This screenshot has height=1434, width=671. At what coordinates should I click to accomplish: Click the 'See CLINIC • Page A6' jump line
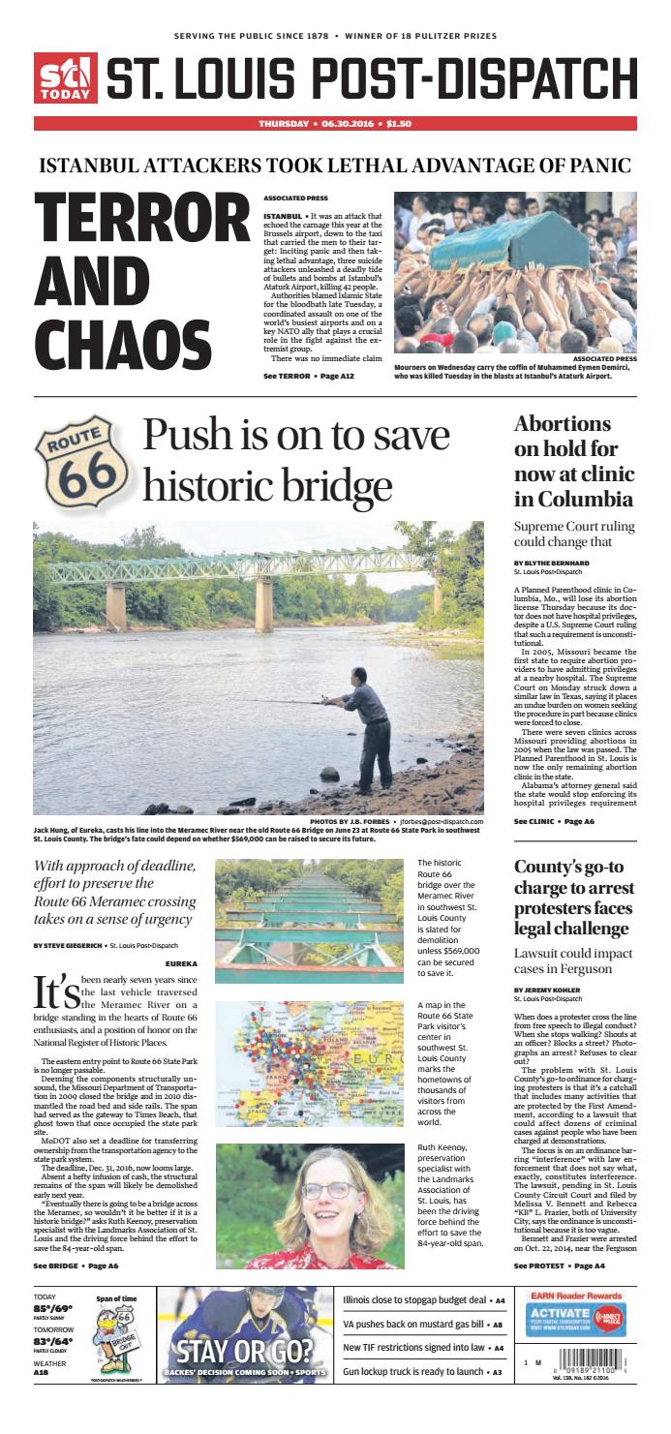pos(554,821)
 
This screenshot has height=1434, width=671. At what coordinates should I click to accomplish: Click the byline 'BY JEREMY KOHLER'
pos(546,990)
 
